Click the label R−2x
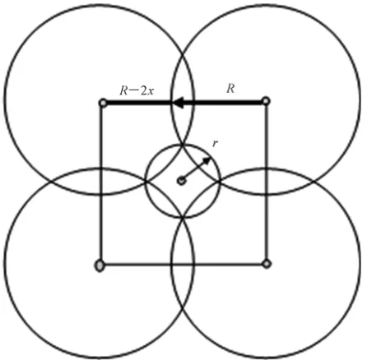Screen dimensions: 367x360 point(137,90)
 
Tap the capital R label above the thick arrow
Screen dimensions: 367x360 point(230,89)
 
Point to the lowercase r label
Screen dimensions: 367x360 point(216,143)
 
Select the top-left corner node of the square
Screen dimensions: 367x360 point(103,103)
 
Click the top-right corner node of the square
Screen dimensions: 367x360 point(266,101)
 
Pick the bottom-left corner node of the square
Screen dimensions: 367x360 point(100,265)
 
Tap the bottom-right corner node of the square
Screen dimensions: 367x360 point(267,264)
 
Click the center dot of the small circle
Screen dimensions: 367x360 point(181,181)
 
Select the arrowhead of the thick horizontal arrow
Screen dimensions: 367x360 point(179,103)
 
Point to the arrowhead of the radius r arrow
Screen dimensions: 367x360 point(207,160)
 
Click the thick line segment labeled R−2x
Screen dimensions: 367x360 point(139,103)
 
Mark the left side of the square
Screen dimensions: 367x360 point(101,183)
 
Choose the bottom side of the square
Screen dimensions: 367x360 point(183,265)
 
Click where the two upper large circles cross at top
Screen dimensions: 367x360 point(183,52)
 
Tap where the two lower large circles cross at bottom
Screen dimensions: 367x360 point(183,312)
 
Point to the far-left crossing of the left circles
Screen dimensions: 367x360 point(51,182)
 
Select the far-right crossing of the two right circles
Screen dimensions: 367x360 point(314,182)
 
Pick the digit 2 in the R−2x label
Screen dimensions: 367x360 point(144,90)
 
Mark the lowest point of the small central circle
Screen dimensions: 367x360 point(183,218)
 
